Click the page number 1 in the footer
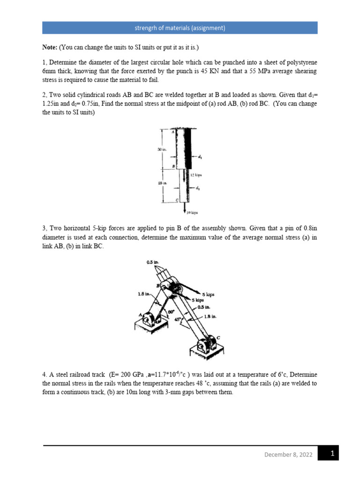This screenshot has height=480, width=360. tap(332, 454)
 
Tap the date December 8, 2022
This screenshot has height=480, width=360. tap(288, 454)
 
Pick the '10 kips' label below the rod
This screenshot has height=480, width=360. tap(192, 212)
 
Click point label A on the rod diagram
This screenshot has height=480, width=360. tap(173, 132)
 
